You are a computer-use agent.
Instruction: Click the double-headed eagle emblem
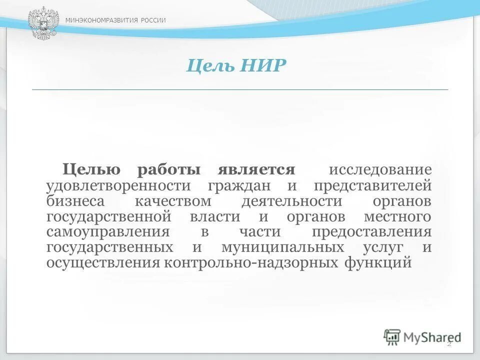click(43, 23)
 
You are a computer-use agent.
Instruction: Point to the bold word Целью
click(91, 170)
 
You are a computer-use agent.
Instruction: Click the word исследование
click(379, 170)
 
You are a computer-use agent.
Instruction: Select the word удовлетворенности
click(118, 186)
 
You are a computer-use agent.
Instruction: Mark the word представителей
click(372, 186)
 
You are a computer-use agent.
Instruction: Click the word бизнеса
click(76, 201)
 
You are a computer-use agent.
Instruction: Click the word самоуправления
click(107, 232)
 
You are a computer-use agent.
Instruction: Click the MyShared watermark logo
click(422, 337)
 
